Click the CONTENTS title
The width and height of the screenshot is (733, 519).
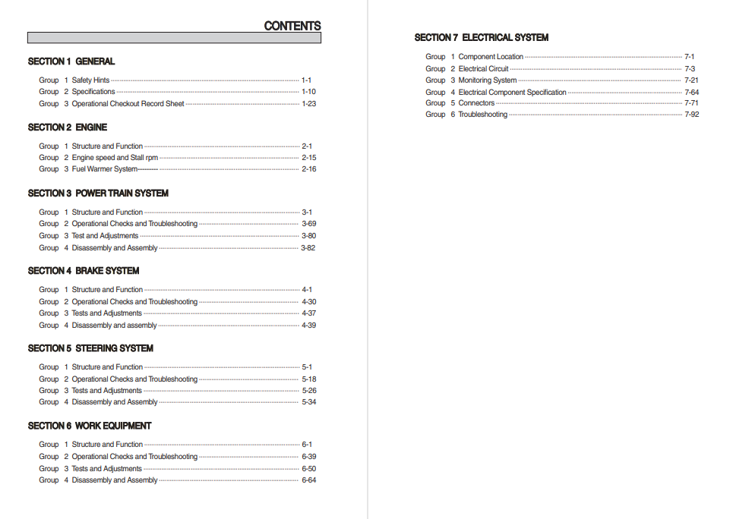pos(292,26)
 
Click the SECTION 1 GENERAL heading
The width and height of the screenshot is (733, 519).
pos(71,61)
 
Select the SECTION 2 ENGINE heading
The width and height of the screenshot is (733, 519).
pos(68,127)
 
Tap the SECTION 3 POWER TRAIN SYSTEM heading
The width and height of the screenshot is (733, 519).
pos(98,193)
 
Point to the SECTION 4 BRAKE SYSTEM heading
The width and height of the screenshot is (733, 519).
pos(84,271)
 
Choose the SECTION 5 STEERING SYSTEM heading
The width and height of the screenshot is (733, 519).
pos(90,348)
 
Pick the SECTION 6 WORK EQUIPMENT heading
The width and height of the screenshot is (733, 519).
pos(90,426)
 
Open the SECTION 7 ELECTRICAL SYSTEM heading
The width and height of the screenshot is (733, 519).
pos(481,37)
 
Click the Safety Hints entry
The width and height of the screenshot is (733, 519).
pos(90,80)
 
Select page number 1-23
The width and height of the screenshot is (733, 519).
pos(308,104)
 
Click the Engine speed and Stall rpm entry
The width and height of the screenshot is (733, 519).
pos(115,158)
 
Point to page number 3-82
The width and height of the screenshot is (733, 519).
pos(308,248)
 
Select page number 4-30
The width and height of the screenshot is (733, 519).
pos(308,302)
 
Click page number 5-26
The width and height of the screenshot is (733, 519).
pos(308,391)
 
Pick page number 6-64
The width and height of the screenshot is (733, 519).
pos(308,480)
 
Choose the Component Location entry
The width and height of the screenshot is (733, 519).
pos(491,57)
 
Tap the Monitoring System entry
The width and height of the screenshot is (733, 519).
pos(488,80)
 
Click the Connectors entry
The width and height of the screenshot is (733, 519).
pos(476,103)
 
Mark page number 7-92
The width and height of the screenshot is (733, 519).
pos(691,115)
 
